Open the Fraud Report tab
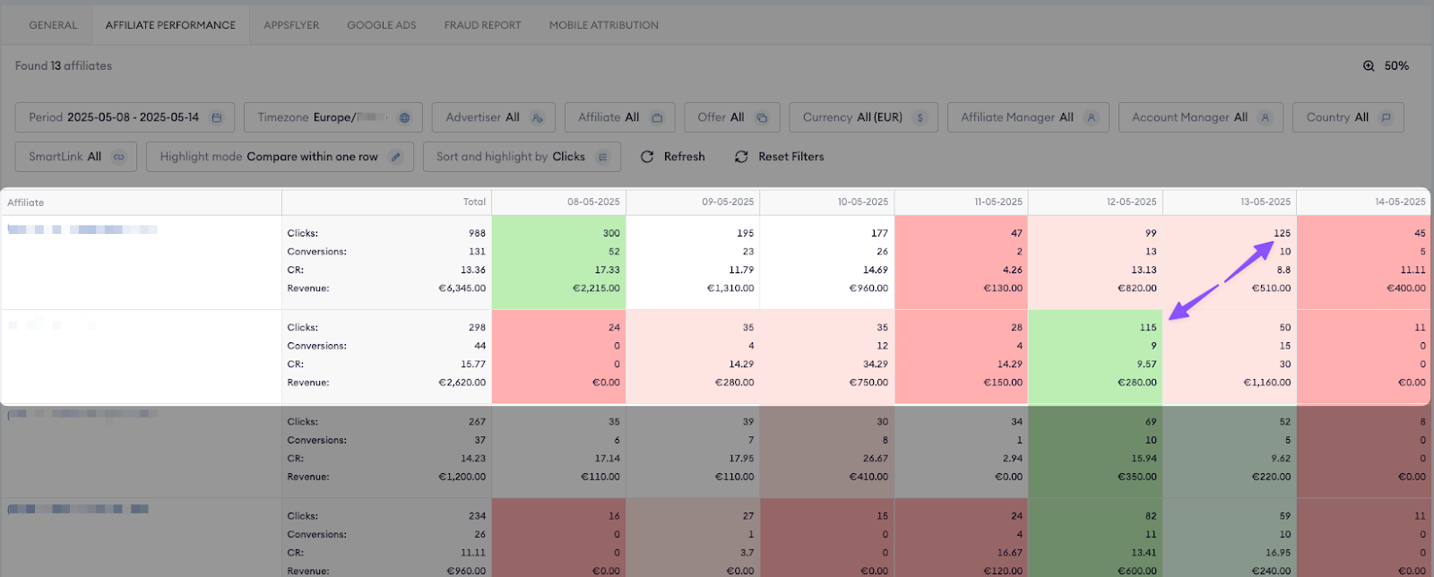[482, 25]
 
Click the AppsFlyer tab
[291, 25]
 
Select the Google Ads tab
[382, 25]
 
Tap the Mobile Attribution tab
[603, 25]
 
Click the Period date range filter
[125, 117]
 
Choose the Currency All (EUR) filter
[863, 117]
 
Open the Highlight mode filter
[280, 157]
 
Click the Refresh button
[673, 157]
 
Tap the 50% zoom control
[1386, 66]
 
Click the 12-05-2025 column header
[1131, 202]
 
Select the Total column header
[474, 202]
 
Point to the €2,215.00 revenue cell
[597, 288]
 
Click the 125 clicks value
[1282, 233]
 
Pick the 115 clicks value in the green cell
[1148, 328]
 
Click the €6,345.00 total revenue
[462, 288]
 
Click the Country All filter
[1347, 117]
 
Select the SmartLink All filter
[75, 157]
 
